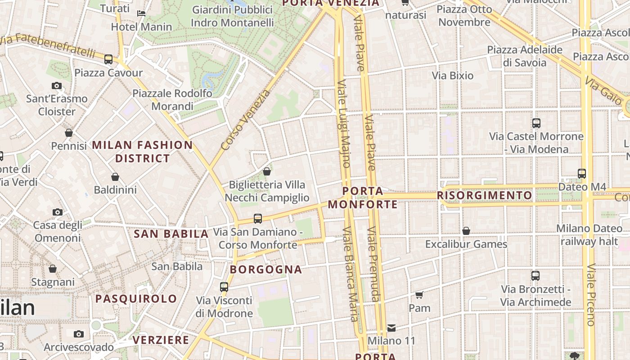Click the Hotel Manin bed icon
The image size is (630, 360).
141,13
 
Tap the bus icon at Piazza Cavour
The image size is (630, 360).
108,59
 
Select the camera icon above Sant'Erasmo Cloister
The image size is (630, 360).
57,85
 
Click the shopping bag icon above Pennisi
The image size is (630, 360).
69,133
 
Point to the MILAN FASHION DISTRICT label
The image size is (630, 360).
143,152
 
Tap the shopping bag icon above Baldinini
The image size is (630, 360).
115,177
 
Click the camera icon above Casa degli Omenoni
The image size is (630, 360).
58,212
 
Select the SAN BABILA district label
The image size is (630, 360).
171,234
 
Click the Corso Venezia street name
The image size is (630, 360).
246,120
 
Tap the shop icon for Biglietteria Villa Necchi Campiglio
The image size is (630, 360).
267,171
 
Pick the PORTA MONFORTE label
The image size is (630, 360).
363,198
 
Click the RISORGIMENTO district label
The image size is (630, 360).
484,195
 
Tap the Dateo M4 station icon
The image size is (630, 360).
582,173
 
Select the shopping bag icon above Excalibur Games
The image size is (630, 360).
466,231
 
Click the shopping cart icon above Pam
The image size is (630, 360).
419,295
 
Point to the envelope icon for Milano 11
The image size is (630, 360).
391,328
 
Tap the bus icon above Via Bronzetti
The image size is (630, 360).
535,276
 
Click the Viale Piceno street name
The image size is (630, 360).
591,295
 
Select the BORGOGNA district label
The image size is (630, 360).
266,270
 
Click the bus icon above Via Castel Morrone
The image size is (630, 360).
536,123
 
